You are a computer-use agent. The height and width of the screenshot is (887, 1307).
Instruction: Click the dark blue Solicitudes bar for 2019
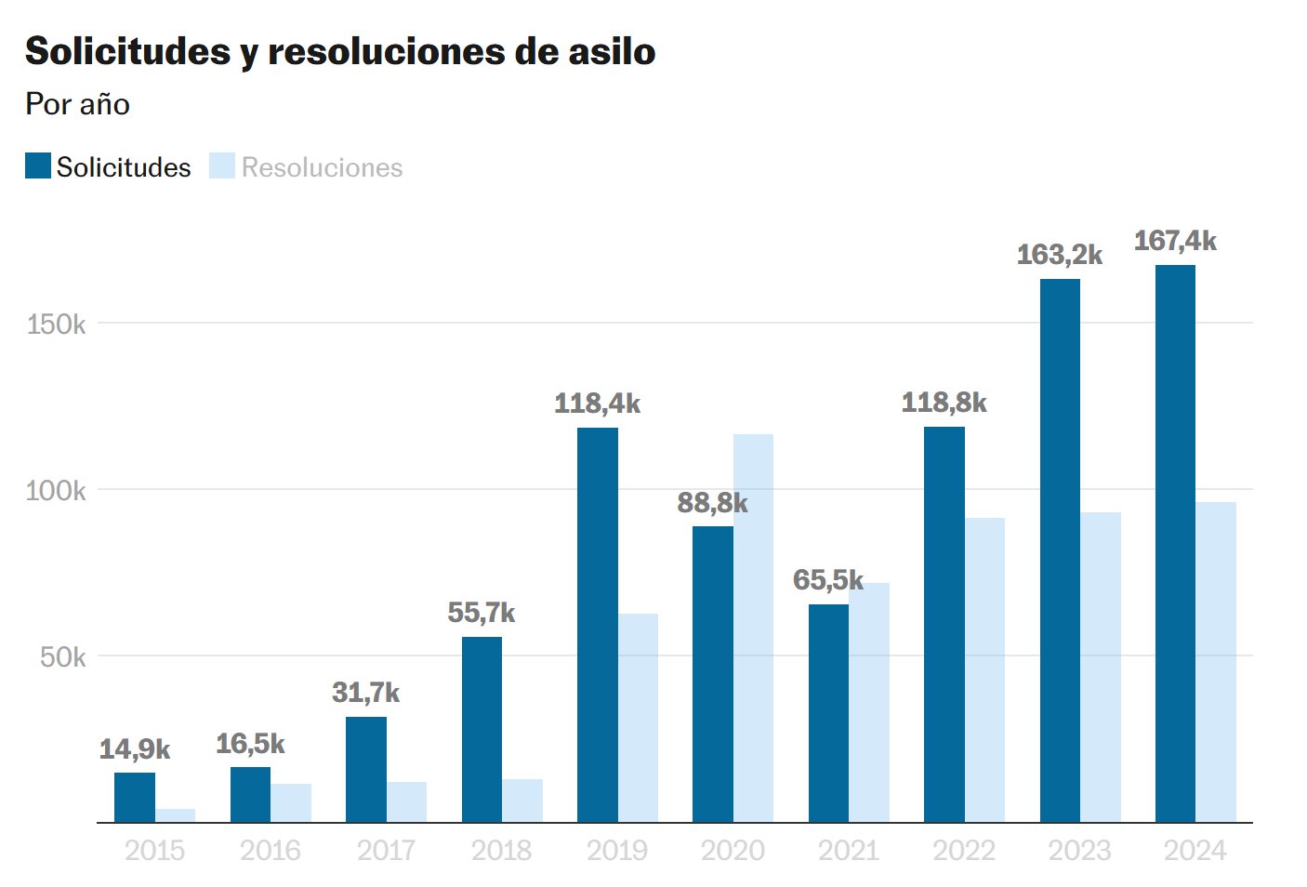coord(597,625)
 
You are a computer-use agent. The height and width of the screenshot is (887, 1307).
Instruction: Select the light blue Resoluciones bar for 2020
coord(753,628)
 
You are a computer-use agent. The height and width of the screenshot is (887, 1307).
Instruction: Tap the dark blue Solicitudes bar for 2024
coord(1175,544)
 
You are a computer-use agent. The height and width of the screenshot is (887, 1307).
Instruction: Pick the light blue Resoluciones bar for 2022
coord(984,669)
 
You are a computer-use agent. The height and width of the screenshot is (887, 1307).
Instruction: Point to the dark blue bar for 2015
coord(135,798)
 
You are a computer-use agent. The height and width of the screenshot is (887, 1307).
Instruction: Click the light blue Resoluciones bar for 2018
coord(522,801)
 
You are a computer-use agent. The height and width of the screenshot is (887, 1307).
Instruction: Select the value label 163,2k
coord(1060,255)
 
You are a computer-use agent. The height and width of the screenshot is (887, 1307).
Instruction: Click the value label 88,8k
coord(712,503)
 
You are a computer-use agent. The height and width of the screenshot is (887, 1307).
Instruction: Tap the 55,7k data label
coord(481,613)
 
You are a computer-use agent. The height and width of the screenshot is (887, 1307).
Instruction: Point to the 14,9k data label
coord(135,749)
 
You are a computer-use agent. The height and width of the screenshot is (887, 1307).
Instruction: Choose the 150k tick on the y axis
coord(56,324)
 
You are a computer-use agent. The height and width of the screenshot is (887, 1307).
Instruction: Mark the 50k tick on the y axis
coord(62,657)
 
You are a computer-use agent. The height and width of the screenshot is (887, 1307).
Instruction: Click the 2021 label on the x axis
coord(849,851)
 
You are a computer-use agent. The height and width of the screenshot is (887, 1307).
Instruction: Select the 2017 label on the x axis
coord(386,851)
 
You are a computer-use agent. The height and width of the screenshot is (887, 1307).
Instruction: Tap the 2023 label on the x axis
coord(1079,851)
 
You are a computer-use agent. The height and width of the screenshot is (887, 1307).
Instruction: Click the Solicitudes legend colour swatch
coord(38,165)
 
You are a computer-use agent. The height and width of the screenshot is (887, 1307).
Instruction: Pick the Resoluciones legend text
coord(322,167)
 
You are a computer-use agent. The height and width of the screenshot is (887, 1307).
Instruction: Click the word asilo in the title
coord(612,51)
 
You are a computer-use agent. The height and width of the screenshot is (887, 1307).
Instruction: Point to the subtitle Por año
coord(77,104)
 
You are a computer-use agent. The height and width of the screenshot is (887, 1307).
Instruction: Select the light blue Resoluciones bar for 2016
coord(291,803)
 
